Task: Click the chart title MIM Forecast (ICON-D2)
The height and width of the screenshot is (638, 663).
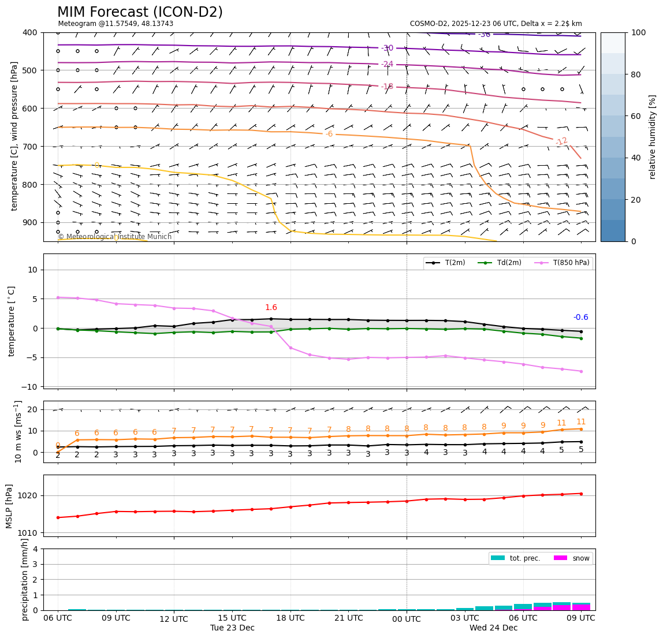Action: point(140,12)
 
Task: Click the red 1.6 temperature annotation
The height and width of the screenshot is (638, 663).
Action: point(271,308)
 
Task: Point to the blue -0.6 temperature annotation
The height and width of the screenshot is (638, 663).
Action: point(580,317)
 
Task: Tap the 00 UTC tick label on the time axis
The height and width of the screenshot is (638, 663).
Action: point(407,619)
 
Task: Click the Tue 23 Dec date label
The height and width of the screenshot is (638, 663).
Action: point(232,628)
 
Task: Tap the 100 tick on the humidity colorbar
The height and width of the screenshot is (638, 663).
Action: point(638,32)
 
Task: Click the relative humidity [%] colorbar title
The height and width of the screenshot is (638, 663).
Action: point(653,137)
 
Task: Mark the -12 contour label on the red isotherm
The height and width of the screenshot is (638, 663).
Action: point(561,141)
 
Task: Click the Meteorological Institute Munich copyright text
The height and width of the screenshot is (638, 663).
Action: point(114,237)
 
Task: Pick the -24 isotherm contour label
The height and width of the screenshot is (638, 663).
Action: point(387,64)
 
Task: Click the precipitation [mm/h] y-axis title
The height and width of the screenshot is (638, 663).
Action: point(25,579)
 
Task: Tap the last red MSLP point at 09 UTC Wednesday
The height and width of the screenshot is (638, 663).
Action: point(581,494)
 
